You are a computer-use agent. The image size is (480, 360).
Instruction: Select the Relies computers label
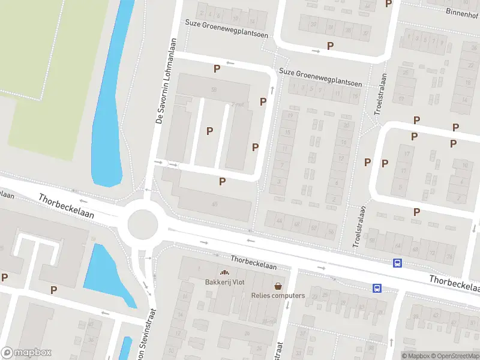pos(278,295)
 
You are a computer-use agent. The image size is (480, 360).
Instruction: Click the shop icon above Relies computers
pos(278,286)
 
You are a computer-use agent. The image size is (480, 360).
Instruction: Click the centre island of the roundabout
pos(143,224)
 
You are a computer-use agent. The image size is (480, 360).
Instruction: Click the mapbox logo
pos(26,353)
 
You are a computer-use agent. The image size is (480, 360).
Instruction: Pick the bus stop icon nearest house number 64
pos(397,263)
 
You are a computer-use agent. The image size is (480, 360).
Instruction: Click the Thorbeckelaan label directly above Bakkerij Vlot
pos(254,262)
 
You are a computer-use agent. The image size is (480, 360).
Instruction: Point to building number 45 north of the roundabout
pos(214,204)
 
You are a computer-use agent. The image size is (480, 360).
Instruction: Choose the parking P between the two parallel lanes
pos(209,131)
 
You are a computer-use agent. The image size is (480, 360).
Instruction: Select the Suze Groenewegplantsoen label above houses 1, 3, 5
pos(320,77)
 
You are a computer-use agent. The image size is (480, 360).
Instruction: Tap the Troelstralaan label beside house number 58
pos(359,227)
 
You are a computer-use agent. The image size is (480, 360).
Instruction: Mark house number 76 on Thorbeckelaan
pos(449,256)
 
